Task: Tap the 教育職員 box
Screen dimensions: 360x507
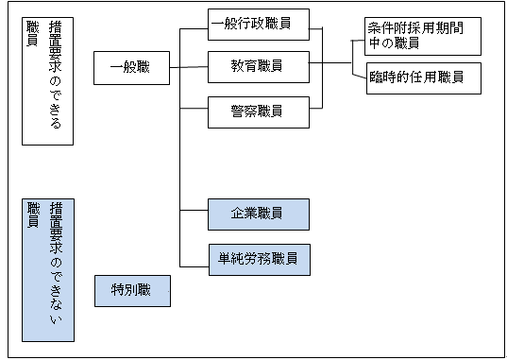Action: click(x=257, y=67)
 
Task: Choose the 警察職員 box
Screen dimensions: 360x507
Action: click(x=257, y=111)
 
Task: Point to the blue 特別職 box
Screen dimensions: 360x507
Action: click(x=131, y=291)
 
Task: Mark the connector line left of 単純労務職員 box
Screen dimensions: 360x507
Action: click(x=194, y=257)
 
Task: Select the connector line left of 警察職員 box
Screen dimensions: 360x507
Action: click(x=194, y=111)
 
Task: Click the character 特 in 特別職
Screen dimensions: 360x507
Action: click(x=116, y=291)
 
